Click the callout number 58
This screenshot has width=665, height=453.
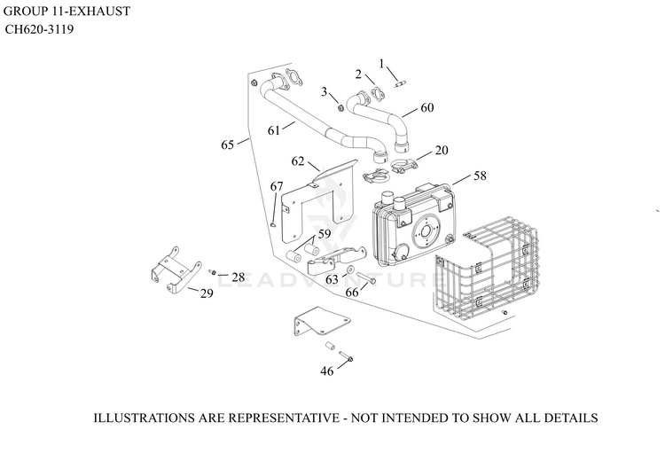480,176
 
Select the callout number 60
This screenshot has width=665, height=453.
427,108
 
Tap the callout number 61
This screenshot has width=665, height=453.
274,130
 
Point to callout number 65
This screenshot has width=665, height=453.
227,145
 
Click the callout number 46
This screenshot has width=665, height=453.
326,371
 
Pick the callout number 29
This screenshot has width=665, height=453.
207,293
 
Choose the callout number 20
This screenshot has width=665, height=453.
442,150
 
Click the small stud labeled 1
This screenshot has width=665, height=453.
399,85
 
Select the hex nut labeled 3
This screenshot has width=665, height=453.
340,108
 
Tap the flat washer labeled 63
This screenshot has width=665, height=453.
351,269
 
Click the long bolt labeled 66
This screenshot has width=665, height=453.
367,277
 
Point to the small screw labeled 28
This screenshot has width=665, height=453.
213,272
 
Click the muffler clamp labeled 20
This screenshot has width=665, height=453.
403,166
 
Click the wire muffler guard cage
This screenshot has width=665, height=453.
486,271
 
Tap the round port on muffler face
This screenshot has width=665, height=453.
426,231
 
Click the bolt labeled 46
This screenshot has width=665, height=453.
346,356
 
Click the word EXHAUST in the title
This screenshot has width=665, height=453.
99,11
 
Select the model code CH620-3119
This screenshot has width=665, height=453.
39,29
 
